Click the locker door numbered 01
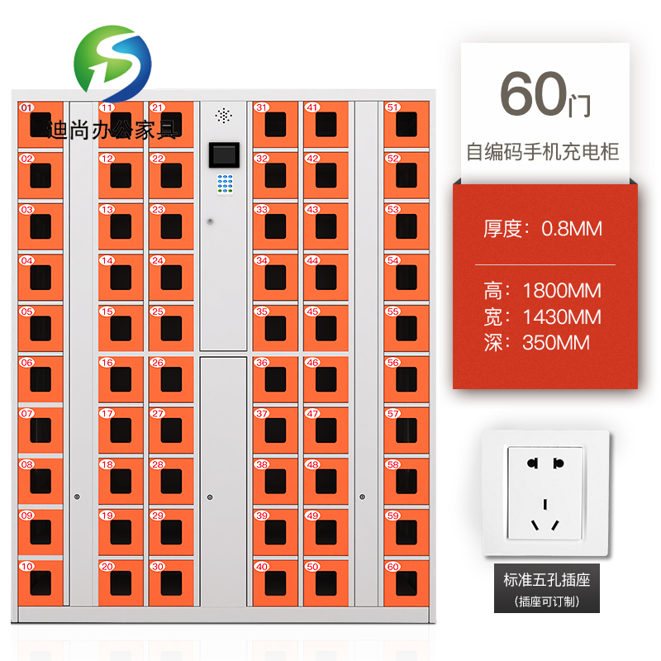coord(40,123)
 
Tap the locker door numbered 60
coord(406,583)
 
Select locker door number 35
coord(275,327)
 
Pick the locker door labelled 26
coord(171,378)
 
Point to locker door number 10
coord(40,583)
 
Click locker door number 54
coord(406,277)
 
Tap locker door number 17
coord(121,430)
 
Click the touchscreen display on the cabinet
coord(223,155)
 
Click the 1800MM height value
coord(562,291)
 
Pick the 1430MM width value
coord(562,316)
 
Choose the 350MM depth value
coord(556,342)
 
